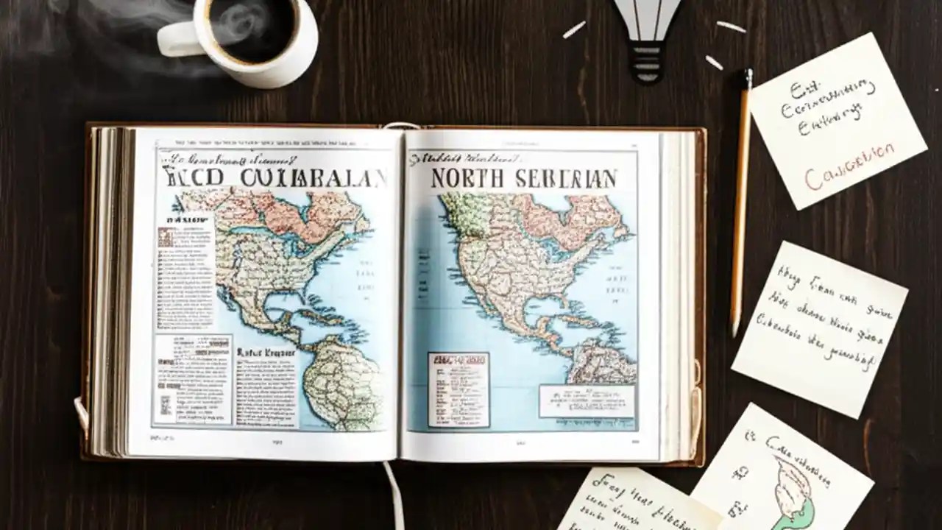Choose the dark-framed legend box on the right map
click(x=458, y=389)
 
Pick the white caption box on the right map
click(x=586, y=401)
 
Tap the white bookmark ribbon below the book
click(x=394, y=493)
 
